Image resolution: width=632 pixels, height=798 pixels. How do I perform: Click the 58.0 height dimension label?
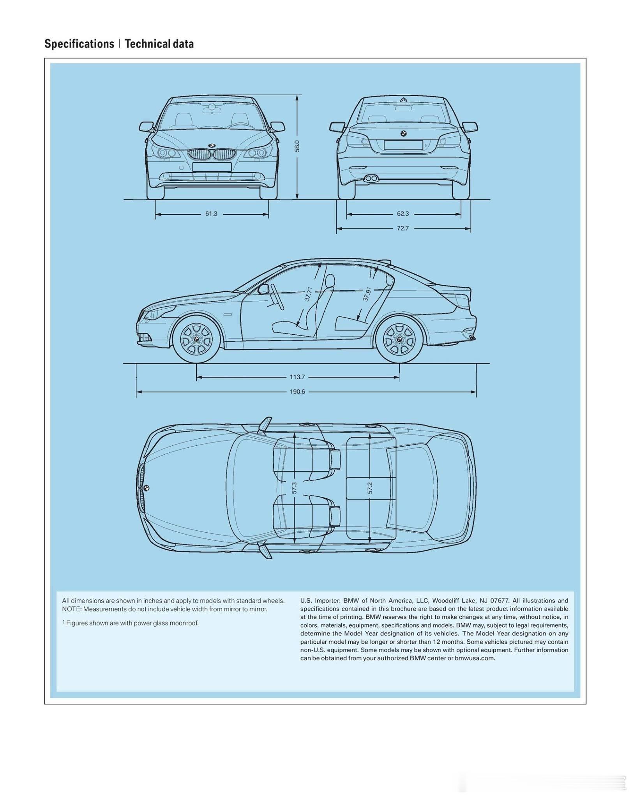click(297, 146)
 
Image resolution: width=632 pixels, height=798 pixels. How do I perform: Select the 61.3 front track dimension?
click(211, 214)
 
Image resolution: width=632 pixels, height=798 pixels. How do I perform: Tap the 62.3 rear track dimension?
click(403, 214)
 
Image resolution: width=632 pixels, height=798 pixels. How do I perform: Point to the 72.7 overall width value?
click(403, 228)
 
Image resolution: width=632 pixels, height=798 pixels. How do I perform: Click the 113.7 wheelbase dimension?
click(297, 377)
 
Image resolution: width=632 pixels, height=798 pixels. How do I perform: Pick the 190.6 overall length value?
click(297, 391)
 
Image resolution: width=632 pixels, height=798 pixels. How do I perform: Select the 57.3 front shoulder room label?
click(295, 487)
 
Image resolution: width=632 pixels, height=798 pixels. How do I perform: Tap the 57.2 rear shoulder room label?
click(370, 487)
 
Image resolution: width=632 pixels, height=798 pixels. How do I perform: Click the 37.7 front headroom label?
click(308, 294)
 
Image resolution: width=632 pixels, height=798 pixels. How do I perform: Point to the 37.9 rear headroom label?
click(367, 294)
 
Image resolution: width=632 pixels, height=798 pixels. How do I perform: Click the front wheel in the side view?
click(196, 339)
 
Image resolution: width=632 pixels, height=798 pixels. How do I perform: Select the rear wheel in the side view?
click(399, 339)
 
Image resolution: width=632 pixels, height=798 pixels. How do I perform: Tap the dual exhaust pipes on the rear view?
click(371, 178)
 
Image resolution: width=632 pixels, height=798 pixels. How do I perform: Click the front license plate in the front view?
click(212, 167)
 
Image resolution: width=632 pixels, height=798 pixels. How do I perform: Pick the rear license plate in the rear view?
click(403, 145)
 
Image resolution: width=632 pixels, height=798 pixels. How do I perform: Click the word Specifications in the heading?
click(79, 44)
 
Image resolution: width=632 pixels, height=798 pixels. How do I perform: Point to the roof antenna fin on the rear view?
click(403, 99)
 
